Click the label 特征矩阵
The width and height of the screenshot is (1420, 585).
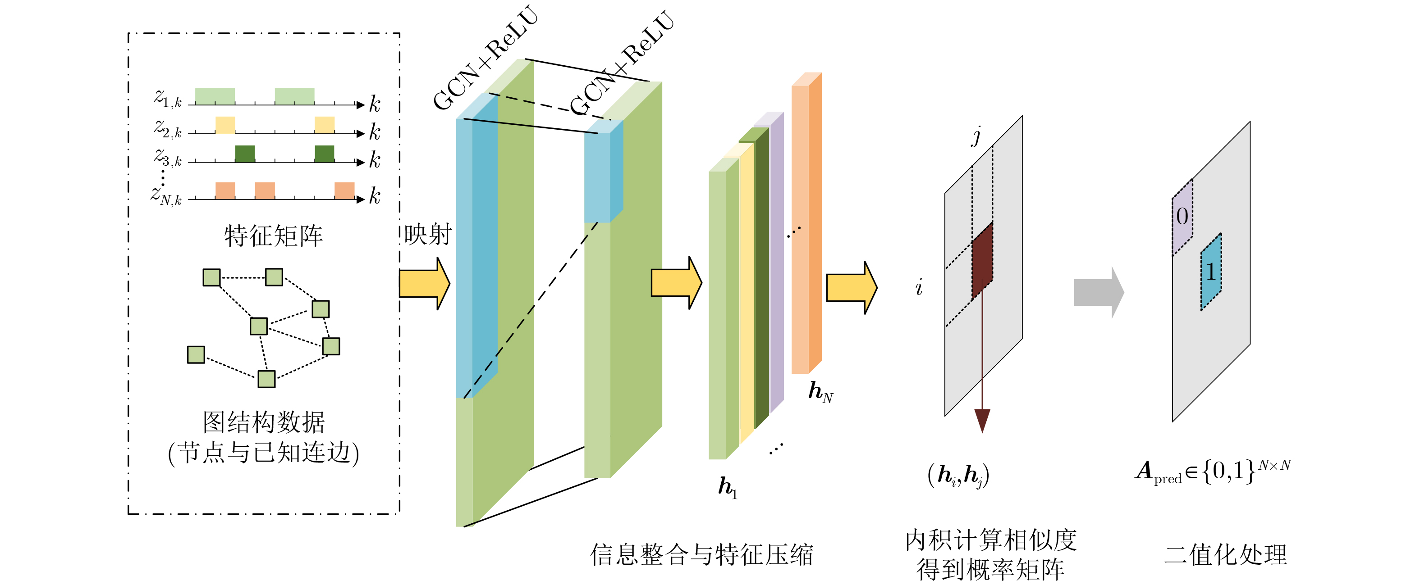(x=274, y=236)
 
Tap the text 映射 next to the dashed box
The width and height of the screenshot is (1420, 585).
(x=428, y=235)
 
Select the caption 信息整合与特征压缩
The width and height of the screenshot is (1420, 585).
(x=701, y=554)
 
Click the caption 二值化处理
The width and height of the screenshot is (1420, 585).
(x=1225, y=554)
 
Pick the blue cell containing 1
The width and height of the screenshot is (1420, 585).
(x=1211, y=272)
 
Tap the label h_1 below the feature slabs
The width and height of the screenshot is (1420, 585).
(x=727, y=487)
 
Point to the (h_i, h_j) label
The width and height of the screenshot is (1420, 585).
(x=958, y=475)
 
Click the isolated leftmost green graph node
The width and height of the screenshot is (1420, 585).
(x=196, y=354)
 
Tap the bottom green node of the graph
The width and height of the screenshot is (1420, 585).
(x=266, y=379)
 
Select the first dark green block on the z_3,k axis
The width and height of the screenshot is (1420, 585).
(x=245, y=154)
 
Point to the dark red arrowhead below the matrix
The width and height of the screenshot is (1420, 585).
(x=982, y=420)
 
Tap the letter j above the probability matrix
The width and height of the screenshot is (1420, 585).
(x=977, y=136)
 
